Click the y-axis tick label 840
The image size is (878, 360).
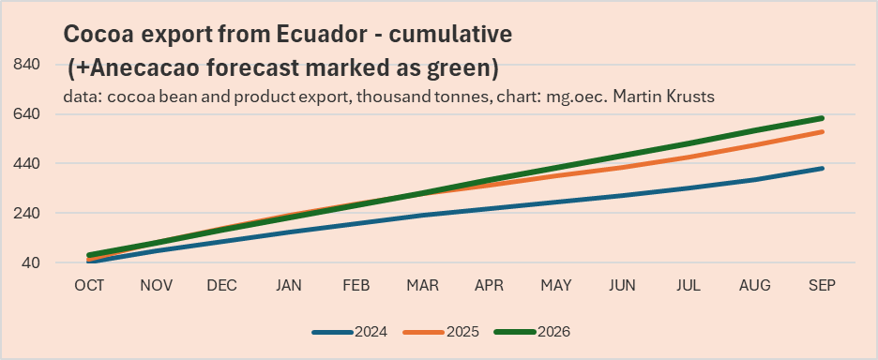tap(25, 64)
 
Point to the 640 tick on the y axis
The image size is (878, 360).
tap(25, 113)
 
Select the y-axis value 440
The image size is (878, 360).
tap(25, 163)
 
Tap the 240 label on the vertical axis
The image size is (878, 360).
tap(25, 213)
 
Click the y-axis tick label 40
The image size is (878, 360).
tap(29, 262)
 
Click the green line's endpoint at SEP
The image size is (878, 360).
tap(822, 118)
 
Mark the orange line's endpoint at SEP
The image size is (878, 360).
tap(822, 131)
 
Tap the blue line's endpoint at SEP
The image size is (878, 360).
tap(822, 169)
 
